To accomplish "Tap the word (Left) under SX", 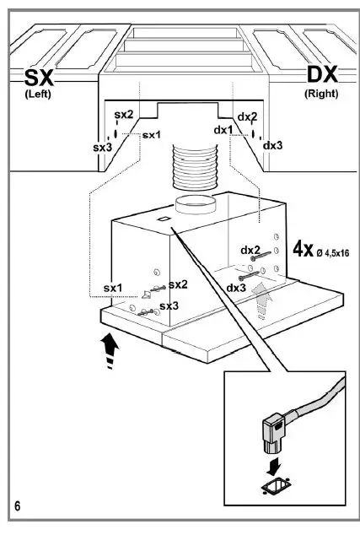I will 36,95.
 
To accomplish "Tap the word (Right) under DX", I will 322,95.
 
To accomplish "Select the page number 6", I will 18,505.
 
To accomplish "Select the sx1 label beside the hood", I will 114,289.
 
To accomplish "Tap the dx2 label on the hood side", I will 250,250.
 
